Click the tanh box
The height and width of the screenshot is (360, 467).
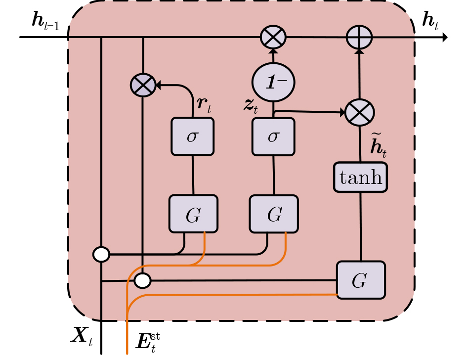360,178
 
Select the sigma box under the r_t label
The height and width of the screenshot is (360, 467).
192,136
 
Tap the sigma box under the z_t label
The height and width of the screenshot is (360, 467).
273,136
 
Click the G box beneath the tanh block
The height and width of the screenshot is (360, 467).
361,280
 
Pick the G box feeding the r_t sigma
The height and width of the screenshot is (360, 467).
193,214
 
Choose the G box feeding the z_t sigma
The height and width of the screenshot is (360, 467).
274,214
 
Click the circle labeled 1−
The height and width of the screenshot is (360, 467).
273,82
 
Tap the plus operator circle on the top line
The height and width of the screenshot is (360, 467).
359,38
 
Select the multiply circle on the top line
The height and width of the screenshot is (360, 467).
273,37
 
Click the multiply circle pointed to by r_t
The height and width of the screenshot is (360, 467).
143,85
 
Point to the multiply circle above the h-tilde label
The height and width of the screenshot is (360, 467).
359,113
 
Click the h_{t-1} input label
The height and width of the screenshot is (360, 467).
45,21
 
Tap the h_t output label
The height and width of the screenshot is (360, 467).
430,21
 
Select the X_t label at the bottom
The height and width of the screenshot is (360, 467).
82,336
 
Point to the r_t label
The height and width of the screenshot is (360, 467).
204,105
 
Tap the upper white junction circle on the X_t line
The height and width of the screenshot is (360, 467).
101,255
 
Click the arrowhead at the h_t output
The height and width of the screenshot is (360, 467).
445,37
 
